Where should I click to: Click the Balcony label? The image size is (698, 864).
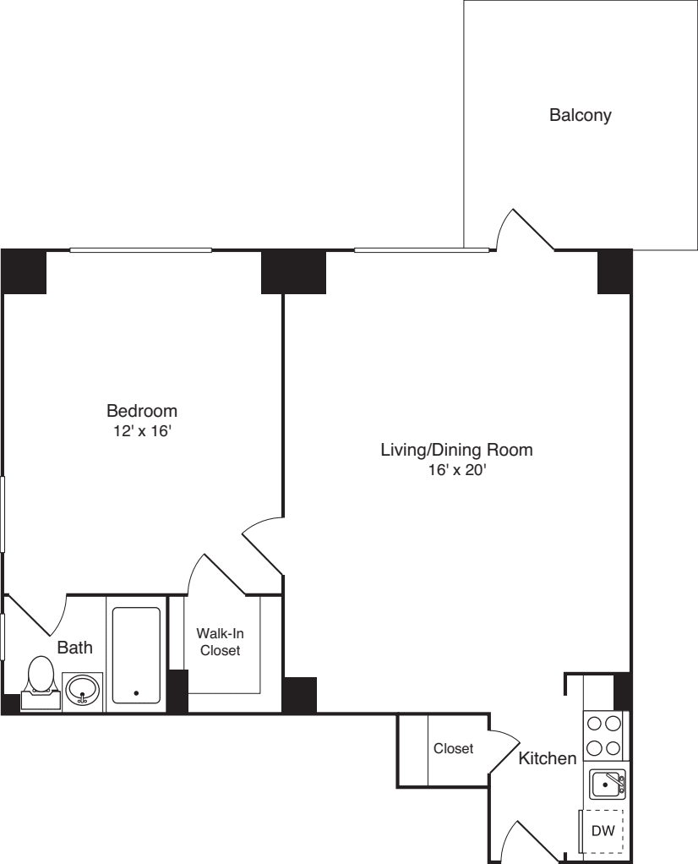click(580, 115)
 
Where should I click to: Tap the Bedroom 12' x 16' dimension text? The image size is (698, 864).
click(142, 430)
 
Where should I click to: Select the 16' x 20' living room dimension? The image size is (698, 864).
click(456, 471)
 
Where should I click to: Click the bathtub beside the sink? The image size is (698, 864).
click(136, 654)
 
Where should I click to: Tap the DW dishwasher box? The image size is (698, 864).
click(603, 830)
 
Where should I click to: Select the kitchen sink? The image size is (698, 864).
click(607, 785)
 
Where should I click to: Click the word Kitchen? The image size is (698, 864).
click(547, 758)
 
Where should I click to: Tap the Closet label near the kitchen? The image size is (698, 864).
click(453, 748)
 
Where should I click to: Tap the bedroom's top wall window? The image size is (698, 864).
click(140, 249)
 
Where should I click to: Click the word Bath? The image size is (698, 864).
click(74, 648)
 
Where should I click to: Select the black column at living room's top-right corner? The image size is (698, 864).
click(614, 271)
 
